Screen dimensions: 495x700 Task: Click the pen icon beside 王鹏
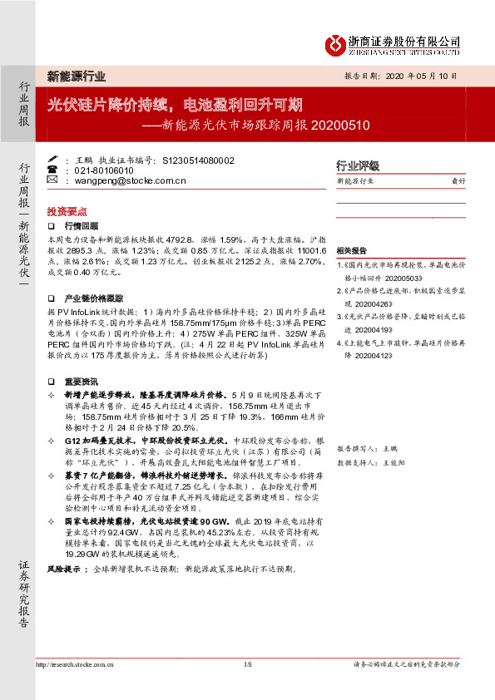[52, 159]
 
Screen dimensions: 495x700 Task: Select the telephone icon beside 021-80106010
[52, 169]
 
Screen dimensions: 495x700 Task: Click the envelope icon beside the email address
[52, 180]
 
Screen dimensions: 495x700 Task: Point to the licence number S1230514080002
[198, 159]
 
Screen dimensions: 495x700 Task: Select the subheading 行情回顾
[81, 226]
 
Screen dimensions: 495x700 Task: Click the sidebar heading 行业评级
[357, 165]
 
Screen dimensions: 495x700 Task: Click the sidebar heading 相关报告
[352, 250]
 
